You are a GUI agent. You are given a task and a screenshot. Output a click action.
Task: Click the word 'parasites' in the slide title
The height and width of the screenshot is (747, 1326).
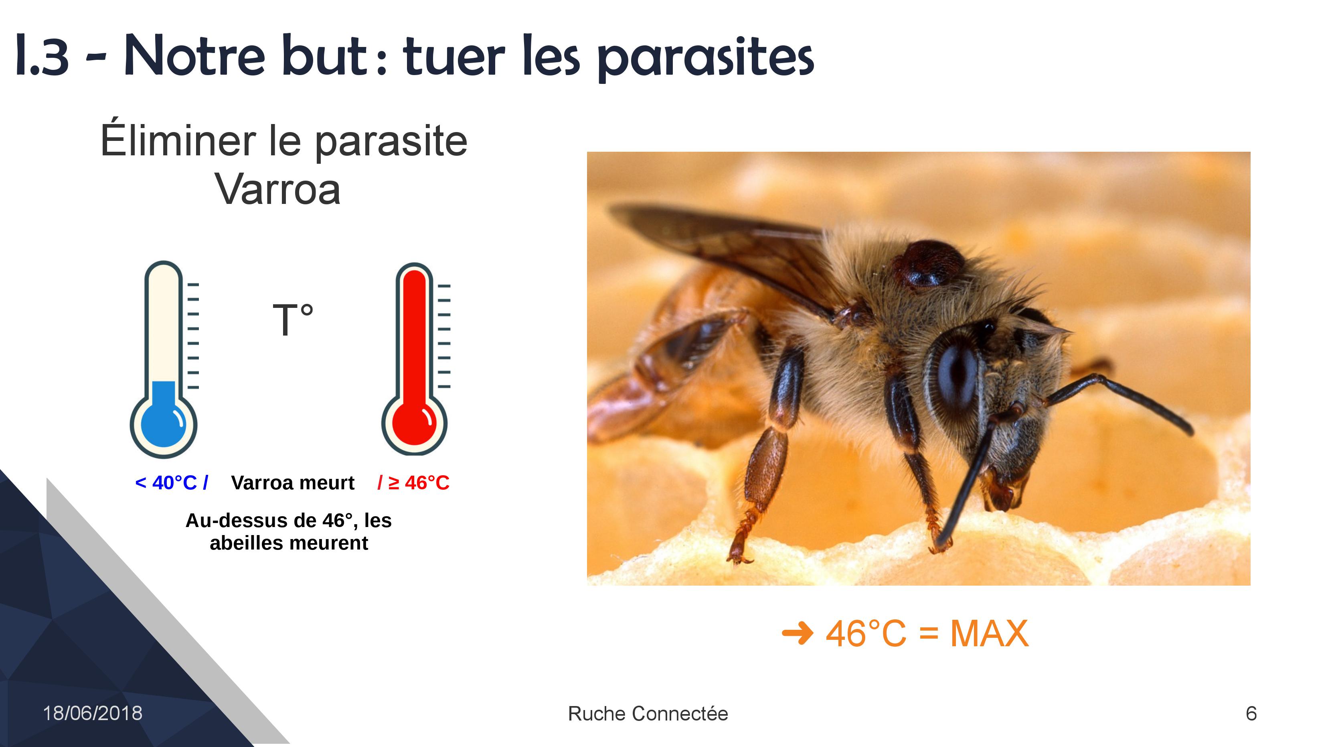point(706,58)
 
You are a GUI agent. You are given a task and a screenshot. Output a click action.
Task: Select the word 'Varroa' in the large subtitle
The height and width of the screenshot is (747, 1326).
point(278,189)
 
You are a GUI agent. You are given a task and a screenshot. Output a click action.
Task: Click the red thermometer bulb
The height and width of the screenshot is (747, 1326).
point(414,424)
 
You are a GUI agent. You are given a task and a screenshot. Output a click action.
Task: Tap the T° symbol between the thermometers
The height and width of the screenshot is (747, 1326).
point(293,320)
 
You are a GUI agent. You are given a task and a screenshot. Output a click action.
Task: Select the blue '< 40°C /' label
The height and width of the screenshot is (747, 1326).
point(171,483)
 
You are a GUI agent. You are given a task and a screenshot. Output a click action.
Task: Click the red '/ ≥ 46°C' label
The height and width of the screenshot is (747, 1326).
point(413,483)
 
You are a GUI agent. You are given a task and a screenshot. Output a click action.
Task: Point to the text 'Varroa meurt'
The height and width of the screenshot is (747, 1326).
point(293,483)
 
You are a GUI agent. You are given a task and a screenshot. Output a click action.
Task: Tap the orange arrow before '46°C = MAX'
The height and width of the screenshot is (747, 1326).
point(798,633)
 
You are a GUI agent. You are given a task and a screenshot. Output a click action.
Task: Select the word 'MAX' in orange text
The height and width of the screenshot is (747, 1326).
point(989,633)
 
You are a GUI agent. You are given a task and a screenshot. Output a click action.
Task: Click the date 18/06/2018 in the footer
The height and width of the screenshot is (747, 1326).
point(93,714)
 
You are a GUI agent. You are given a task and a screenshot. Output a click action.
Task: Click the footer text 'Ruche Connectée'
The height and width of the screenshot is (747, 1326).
point(648,714)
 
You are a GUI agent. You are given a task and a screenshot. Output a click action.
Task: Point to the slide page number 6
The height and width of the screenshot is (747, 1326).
point(1251,714)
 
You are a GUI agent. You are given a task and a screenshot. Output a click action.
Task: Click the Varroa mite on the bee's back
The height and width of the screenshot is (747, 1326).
point(929,264)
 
